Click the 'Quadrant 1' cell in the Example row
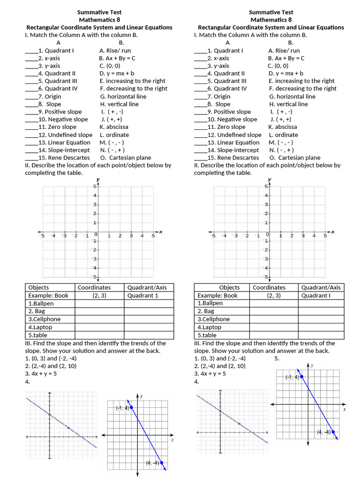(x=142, y=295)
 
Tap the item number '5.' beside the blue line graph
(x=277, y=358)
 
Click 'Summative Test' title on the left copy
(x=99, y=12)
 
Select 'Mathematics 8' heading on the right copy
(x=271, y=20)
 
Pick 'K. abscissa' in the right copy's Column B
(x=283, y=127)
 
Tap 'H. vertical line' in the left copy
(x=119, y=104)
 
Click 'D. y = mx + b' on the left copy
(x=117, y=73)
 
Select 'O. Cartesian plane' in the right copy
(x=294, y=157)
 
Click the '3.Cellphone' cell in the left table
(x=45, y=319)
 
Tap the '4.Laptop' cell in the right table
(x=209, y=327)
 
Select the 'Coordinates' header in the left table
(x=94, y=287)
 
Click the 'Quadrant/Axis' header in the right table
(x=321, y=287)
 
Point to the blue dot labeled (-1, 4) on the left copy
(x=132, y=407)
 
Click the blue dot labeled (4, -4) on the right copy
(x=334, y=432)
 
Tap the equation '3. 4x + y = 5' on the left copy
(x=41, y=374)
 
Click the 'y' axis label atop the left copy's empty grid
(x=98, y=180)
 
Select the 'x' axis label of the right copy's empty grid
(x=333, y=231)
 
